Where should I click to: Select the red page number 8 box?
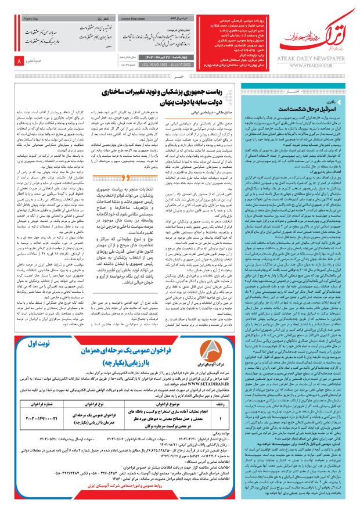pos(20,60)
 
